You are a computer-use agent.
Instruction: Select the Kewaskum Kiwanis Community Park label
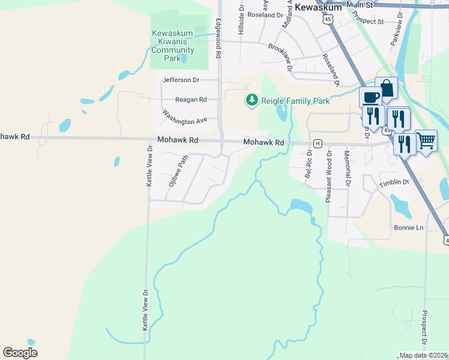[173, 46]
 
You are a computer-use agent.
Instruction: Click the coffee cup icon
[370, 97]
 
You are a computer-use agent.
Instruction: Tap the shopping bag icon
[387, 88]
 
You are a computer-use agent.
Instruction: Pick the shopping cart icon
[426, 140]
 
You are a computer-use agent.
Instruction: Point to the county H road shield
[318, 143]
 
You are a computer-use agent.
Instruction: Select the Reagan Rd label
[190, 100]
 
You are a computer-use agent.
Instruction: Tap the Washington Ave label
[184, 117]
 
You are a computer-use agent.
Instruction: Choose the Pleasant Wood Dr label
[329, 177]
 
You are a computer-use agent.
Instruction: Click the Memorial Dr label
[347, 167]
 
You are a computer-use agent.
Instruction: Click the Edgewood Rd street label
[219, 38]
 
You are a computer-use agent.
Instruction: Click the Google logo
[20, 353]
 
